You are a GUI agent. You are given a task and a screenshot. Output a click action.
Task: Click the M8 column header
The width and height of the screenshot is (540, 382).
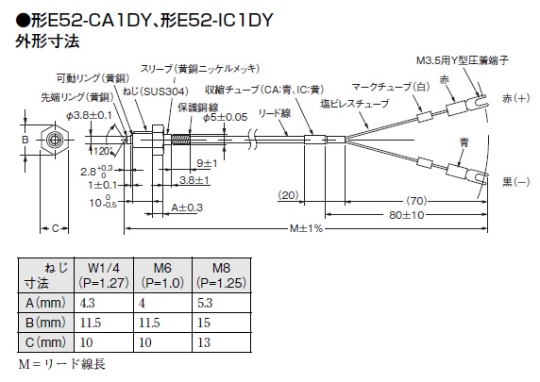click(221, 275)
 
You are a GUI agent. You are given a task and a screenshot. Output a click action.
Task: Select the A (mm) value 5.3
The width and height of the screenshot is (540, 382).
click(205, 303)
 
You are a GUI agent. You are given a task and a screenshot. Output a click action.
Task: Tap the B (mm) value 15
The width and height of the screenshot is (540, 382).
click(204, 323)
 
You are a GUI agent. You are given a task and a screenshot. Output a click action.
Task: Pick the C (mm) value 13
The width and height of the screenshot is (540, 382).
click(204, 342)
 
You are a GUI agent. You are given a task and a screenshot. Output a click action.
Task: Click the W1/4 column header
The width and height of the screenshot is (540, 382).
click(104, 275)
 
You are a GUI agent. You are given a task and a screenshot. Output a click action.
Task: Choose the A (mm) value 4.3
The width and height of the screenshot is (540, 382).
click(87, 303)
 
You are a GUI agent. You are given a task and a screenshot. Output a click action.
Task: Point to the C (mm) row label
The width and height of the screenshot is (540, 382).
click(45, 342)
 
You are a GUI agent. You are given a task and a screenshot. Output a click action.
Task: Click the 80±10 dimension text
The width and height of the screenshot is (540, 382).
click(406, 215)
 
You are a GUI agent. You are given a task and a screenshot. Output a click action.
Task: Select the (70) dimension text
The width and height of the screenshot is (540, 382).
click(416, 200)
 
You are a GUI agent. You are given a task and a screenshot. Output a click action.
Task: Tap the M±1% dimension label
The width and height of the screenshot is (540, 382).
click(306, 228)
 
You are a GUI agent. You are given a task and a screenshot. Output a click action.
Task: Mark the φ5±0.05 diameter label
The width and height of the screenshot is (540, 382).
click(226, 117)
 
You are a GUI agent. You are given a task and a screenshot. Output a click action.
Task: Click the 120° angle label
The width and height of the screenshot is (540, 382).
click(103, 151)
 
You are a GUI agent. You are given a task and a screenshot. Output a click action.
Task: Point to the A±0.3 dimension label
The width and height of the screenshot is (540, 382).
click(187, 208)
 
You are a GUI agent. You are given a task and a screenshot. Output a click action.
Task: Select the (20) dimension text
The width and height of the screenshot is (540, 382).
click(288, 195)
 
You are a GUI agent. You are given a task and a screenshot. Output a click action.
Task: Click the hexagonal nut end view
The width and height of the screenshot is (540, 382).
click(54, 140)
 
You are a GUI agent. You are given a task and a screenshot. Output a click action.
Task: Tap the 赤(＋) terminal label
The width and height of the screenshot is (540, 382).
click(516, 98)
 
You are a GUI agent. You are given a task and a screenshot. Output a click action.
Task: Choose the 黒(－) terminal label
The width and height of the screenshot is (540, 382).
click(516, 182)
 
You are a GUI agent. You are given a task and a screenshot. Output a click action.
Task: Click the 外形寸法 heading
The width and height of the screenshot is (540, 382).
click(47, 41)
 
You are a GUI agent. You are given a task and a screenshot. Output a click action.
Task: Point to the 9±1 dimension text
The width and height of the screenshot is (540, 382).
click(207, 163)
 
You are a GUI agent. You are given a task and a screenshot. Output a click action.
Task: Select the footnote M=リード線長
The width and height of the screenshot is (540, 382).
click(62, 364)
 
